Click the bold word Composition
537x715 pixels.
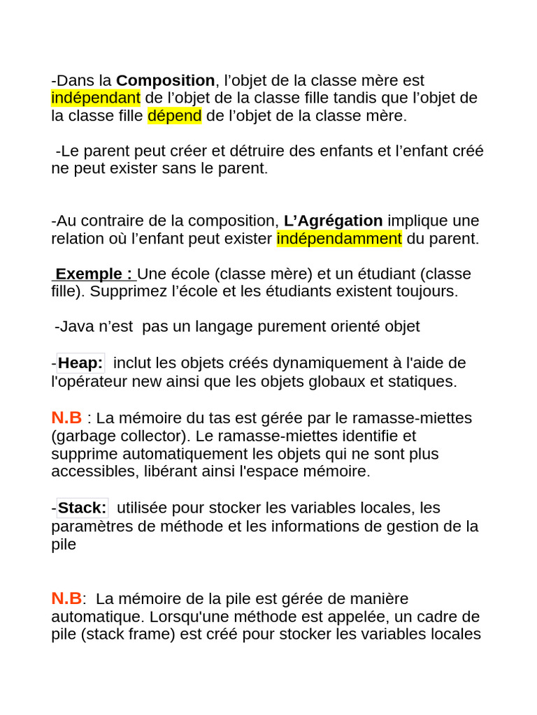(x=165, y=81)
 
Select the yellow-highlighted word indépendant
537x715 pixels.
(x=96, y=98)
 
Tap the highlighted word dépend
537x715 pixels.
(x=175, y=116)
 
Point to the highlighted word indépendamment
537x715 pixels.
(x=339, y=239)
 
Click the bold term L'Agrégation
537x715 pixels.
(x=333, y=221)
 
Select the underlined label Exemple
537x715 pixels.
(x=94, y=274)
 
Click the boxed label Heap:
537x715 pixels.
(x=80, y=363)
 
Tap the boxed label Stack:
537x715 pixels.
(x=83, y=508)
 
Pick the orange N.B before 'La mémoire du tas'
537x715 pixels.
(x=66, y=418)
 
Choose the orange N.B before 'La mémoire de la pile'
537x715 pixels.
(x=66, y=598)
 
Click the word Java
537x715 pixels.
(x=76, y=327)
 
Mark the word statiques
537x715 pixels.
(x=425, y=382)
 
